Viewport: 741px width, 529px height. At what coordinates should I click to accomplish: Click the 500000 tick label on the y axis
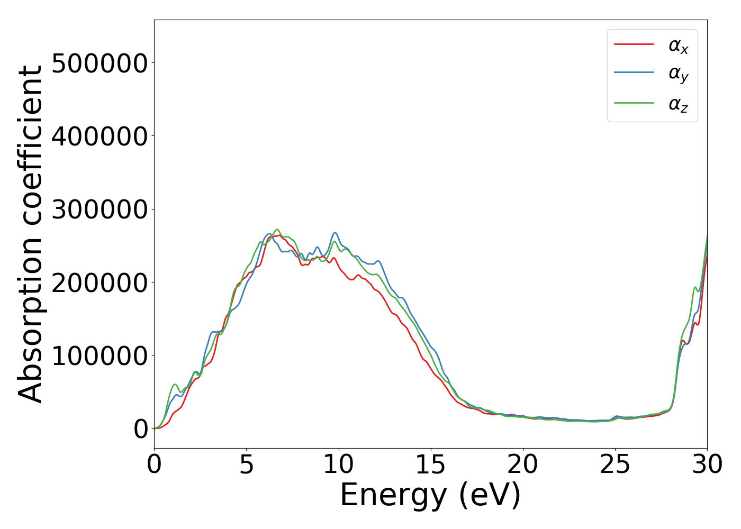point(100,63)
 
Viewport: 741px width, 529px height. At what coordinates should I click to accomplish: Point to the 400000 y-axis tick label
point(100,136)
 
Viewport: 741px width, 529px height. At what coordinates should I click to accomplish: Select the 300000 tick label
point(100,209)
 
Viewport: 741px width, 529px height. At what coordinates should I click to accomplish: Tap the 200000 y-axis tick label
point(100,283)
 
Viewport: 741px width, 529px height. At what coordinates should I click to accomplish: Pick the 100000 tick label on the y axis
point(100,356)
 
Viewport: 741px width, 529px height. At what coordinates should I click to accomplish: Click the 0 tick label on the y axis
point(141,430)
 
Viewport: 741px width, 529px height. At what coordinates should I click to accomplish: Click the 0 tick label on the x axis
point(154,464)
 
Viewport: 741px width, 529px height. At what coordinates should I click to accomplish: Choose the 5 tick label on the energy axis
point(246,464)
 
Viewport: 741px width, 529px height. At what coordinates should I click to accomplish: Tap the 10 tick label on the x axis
point(338,464)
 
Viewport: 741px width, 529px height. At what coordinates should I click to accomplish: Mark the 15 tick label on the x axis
point(431,464)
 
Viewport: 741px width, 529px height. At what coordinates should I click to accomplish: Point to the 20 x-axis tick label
point(523,464)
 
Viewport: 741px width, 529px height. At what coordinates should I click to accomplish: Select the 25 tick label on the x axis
point(615,464)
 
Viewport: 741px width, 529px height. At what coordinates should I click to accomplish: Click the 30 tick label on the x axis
point(707,464)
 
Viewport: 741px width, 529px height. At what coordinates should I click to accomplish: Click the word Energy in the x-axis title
point(393,496)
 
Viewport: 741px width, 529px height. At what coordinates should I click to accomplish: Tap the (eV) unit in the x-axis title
point(490,496)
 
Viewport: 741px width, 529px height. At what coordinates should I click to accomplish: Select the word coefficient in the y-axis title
point(31,143)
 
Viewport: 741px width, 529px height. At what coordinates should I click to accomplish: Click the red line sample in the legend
point(634,44)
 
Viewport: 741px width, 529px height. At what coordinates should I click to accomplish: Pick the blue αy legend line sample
point(634,72)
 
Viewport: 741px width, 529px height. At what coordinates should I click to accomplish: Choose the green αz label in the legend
point(678,104)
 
